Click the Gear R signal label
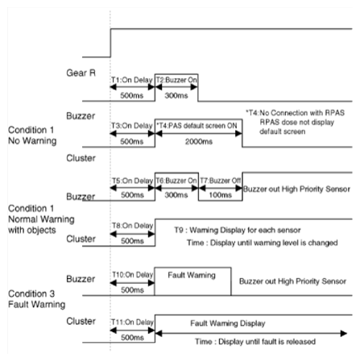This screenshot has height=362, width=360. coord(81,73)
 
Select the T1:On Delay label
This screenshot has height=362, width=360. coord(132,80)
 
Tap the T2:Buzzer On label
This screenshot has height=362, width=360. coord(176,80)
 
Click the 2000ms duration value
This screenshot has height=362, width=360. coord(199,141)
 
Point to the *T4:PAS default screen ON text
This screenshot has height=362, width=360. coord(197,126)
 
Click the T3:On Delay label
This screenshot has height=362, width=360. coord(132,126)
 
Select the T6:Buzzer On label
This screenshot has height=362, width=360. coord(176,181)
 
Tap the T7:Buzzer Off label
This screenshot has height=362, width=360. coord(220,181)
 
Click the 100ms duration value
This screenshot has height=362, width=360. coord(220,195)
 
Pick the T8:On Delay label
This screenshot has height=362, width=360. coord(133,226)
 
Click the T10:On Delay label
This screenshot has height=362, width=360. coord(133,275)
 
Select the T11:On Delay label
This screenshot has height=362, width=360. coord(132,322)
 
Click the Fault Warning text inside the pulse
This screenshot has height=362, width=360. coord(192,275)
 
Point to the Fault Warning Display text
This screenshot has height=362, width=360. coord(228,323)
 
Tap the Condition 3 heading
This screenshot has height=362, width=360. coord(31,293)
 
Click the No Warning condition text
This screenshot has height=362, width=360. coord(32,140)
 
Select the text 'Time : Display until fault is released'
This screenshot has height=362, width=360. coord(255,342)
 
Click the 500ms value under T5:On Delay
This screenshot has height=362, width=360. coord(132,195)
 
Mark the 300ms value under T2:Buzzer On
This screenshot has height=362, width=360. coord(176,95)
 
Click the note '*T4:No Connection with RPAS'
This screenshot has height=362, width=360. coord(295,113)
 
